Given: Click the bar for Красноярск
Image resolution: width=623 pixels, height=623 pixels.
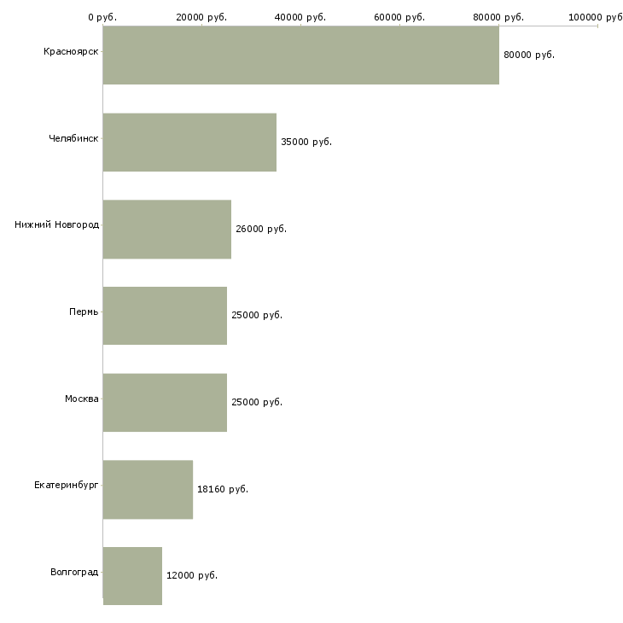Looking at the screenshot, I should point(300,55).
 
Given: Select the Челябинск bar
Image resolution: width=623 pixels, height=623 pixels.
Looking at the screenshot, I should point(189,142).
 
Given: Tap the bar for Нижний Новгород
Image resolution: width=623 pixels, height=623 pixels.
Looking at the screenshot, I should point(167,229).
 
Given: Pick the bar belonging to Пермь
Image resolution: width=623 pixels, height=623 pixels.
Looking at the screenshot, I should point(165,315).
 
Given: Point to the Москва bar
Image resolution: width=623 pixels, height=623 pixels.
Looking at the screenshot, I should point(165,402).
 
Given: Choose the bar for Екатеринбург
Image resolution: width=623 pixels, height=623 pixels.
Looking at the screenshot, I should point(148,489).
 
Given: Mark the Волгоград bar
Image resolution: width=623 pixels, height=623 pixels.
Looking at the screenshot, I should point(132,575).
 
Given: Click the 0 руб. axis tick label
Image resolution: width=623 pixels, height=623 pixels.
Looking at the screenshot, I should point(102,17).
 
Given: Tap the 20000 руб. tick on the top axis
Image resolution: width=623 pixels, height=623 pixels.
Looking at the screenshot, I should point(201,17).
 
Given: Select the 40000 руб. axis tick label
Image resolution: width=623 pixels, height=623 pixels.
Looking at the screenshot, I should point(300,17).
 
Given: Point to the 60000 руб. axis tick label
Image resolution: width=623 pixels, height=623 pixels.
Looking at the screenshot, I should point(399,17).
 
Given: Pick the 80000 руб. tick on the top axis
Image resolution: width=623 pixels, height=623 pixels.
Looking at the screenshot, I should point(498,17).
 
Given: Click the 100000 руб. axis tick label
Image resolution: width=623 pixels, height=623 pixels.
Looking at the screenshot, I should point(596,17).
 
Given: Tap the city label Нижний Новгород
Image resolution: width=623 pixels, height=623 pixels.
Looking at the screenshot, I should point(56,225).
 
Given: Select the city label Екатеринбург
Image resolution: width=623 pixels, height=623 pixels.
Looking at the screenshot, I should point(67,485).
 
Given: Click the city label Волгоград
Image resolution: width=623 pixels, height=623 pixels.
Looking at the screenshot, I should point(74,572).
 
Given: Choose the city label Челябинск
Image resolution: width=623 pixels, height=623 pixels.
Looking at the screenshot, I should point(73,137).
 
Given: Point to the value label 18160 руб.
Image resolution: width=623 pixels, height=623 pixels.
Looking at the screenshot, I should point(223,490).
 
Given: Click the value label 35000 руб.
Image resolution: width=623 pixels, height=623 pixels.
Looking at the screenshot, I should point(306,143).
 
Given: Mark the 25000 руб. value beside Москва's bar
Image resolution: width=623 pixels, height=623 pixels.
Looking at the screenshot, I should point(257,403).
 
